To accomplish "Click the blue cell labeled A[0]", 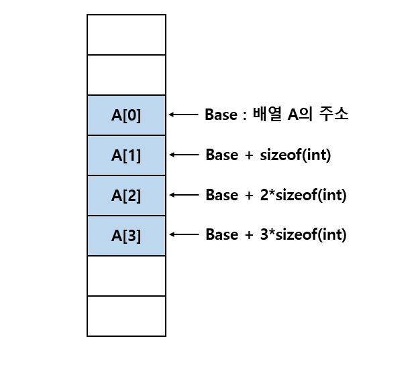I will coord(126,115).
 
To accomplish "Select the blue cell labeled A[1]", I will coord(126,155).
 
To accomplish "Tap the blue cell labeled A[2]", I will coord(126,196).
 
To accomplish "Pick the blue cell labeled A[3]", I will coord(126,236).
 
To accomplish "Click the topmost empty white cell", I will coord(126,35).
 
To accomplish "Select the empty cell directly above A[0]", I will coord(126,75).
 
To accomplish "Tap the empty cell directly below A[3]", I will coord(126,276).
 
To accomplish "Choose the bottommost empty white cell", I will coord(126,316).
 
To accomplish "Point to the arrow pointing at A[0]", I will coord(182,115).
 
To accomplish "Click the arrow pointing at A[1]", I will coord(182,155).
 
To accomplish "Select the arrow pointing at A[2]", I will coord(182,195).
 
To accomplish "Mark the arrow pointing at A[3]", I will coord(182,234).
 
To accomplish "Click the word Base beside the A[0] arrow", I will coord(221,115).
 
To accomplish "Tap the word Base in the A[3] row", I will coord(221,235).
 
